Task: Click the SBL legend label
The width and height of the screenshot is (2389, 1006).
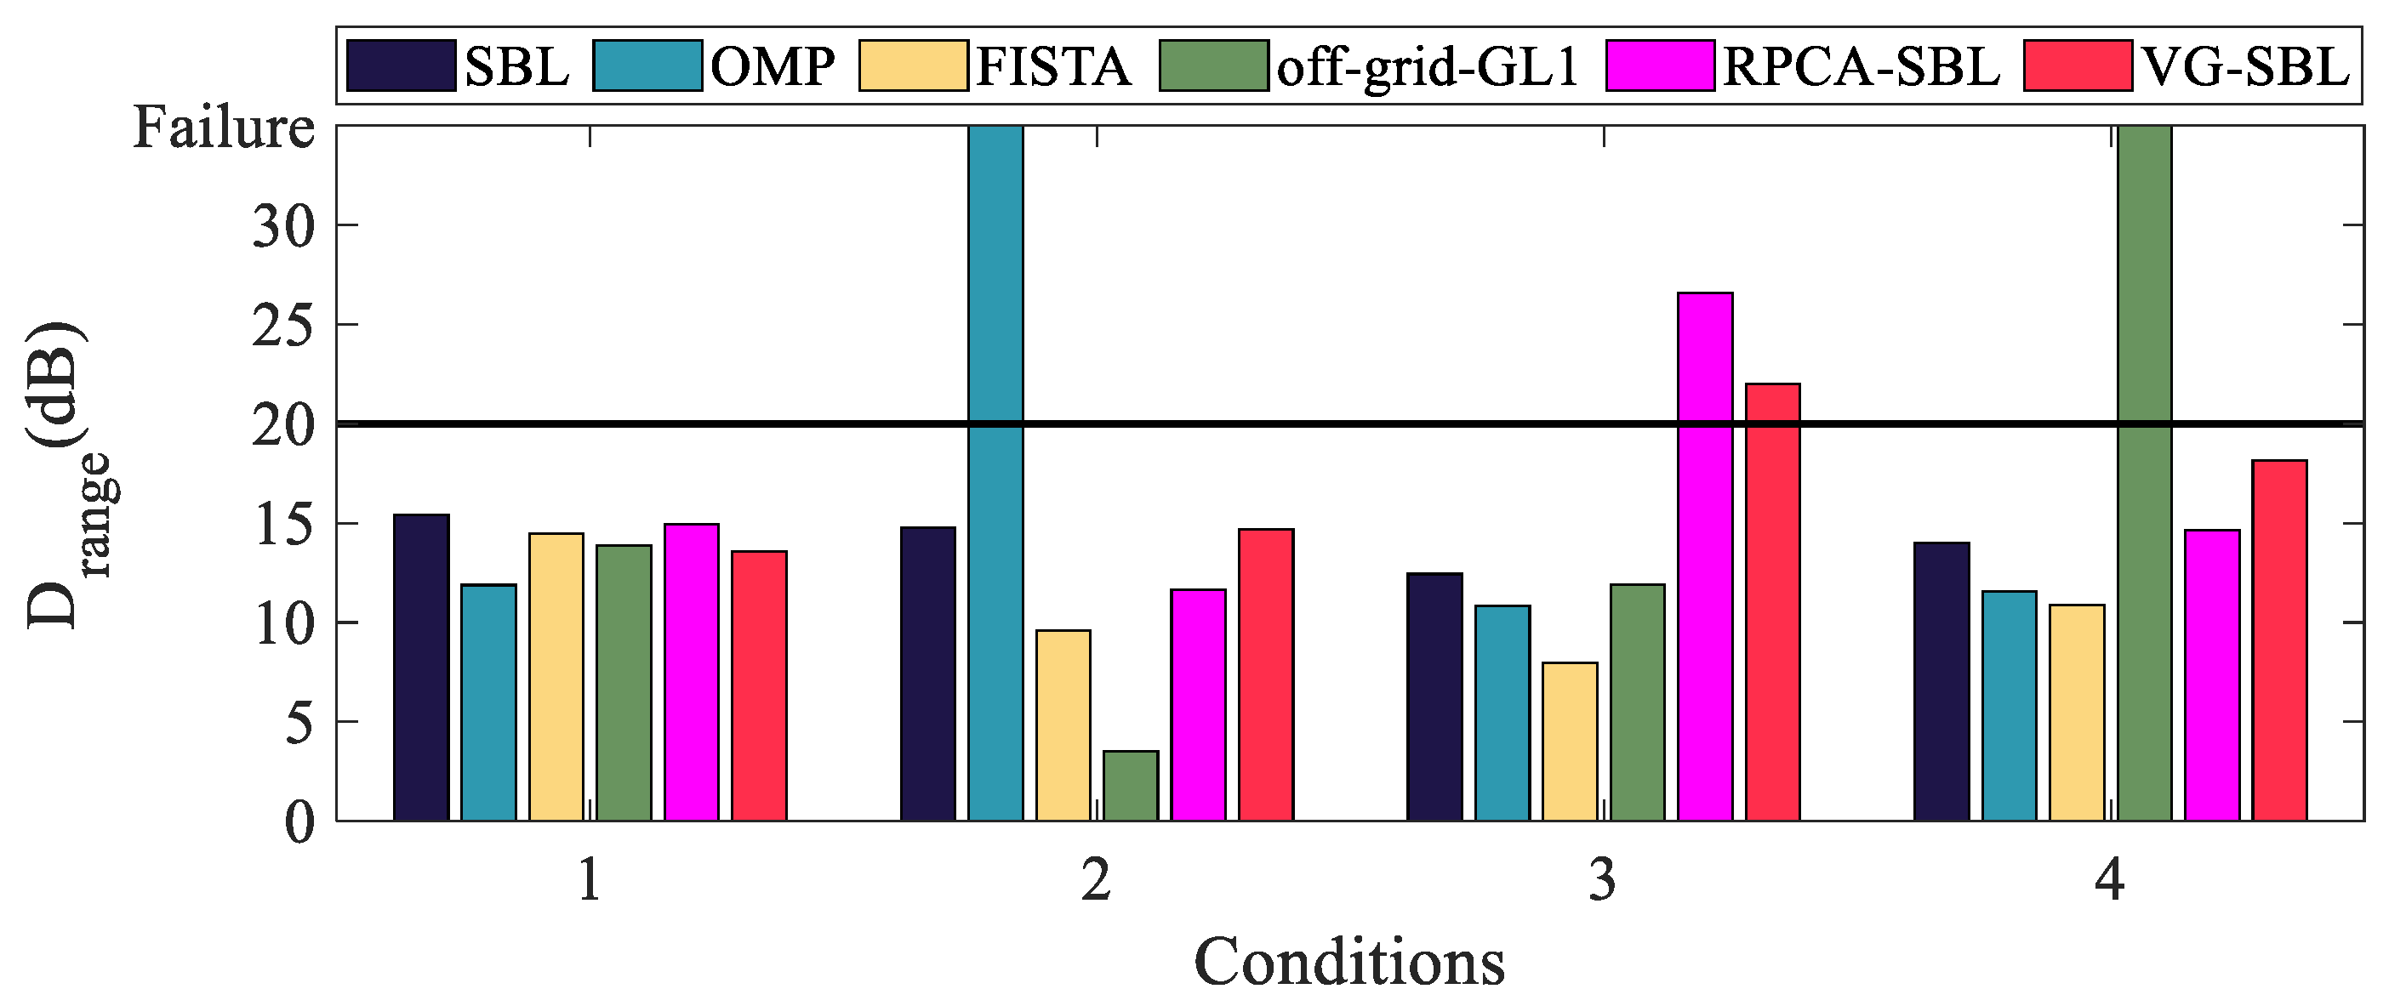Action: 516,67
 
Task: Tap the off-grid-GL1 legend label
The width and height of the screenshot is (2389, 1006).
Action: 1428,67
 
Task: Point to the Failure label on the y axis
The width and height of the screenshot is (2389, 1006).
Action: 224,128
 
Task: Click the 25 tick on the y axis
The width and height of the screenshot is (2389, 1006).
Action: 282,327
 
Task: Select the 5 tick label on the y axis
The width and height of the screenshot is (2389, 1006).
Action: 299,723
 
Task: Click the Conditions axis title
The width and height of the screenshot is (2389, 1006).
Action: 1348,963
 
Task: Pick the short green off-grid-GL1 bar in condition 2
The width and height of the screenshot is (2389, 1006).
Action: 1131,786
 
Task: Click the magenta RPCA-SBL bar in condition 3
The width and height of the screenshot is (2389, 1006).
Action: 1706,556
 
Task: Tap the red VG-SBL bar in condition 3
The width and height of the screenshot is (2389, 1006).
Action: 1772,602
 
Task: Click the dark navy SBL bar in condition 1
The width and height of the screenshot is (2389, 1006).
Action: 421,668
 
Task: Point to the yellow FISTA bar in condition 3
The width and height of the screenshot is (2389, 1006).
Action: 1569,741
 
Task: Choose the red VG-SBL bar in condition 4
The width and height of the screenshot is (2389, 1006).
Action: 2279,639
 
